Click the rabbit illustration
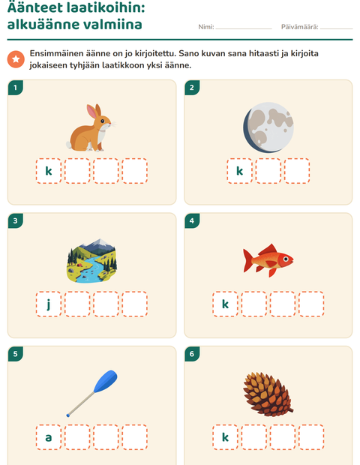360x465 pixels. (x=91, y=128)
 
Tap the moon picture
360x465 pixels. (x=268, y=127)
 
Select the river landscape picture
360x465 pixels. (x=92, y=260)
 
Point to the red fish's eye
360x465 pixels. (x=286, y=259)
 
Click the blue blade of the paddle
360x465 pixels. (x=106, y=381)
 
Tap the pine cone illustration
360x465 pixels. (x=268, y=394)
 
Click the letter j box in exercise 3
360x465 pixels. (x=49, y=304)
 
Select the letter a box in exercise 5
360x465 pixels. (x=49, y=437)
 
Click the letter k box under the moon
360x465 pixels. (x=239, y=171)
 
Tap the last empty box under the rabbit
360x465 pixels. (x=135, y=171)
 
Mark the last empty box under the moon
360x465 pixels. (x=297, y=171)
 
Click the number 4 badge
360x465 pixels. (x=192, y=220)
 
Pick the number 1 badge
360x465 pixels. (x=16, y=88)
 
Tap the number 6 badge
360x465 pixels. (x=192, y=354)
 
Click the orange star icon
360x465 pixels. (x=16, y=59)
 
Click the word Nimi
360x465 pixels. (x=206, y=27)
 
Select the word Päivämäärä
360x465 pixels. (x=299, y=27)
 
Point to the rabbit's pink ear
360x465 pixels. (x=92, y=112)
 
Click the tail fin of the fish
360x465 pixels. (x=248, y=260)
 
